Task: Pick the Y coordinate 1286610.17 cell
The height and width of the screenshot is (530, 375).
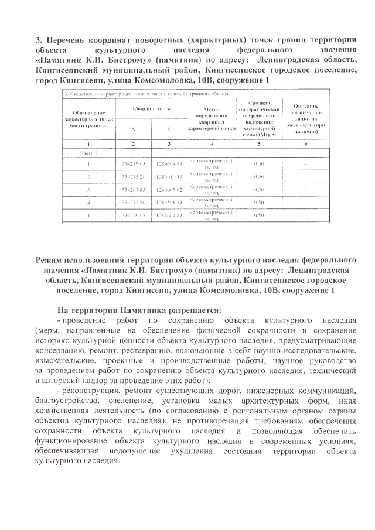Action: coord(169,176)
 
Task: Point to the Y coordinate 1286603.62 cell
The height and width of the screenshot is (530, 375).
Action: coord(169,189)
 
